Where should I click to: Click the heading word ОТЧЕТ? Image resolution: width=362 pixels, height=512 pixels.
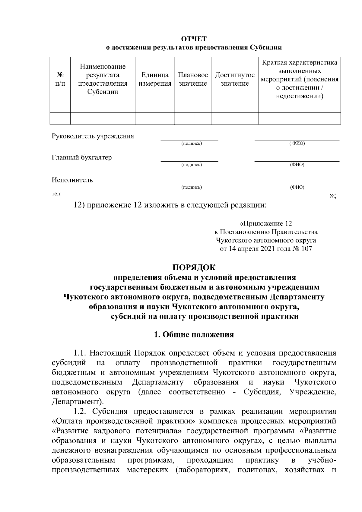coord(194,39)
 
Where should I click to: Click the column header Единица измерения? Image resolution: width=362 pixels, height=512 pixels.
coord(155,79)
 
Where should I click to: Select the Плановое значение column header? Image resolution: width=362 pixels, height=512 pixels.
coord(193,79)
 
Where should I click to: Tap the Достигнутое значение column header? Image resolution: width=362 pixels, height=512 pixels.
coord(235,79)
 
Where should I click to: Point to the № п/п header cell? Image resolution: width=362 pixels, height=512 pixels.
coord(60,79)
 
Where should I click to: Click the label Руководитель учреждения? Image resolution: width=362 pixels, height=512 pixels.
coord(93,136)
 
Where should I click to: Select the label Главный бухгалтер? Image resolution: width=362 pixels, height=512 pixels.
coord(81,157)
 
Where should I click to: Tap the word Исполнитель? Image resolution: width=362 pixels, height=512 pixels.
coord(72,180)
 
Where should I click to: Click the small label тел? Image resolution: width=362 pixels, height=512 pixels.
coord(57,194)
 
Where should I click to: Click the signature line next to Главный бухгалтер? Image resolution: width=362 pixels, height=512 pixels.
coord(189,161)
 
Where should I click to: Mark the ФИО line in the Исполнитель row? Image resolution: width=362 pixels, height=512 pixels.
coord(297,183)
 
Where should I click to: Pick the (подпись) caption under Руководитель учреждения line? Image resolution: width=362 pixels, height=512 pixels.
coord(191,144)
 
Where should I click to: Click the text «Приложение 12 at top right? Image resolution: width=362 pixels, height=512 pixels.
coord(265,224)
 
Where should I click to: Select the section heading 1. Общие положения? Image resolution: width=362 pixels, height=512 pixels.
coord(194,335)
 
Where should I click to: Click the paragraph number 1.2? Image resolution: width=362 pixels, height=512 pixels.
coord(81,411)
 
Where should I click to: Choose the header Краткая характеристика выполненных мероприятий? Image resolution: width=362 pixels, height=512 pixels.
coord(299,79)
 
